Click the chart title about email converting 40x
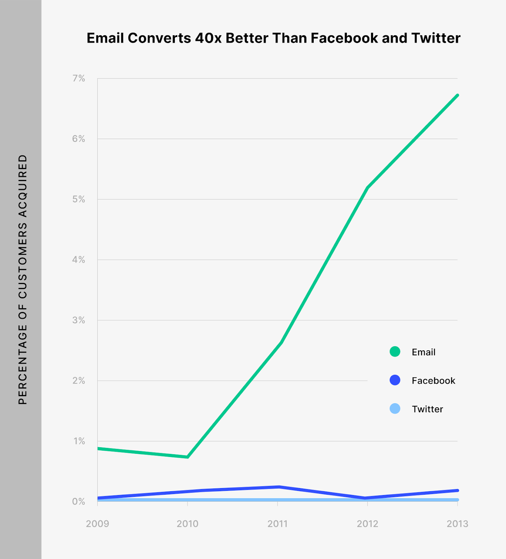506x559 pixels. tap(273, 38)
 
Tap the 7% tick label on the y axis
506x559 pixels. tap(79, 78)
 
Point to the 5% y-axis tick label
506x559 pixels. tap(79, 199)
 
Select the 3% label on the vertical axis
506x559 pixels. tap(79, 320)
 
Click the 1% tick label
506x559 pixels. tap(79, 441)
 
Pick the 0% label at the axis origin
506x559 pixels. tap(79, 502)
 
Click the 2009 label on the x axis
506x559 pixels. tap(97, 524)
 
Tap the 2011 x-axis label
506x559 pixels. tap(277, 524)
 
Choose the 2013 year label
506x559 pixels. tap(457, 524)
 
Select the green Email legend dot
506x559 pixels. tap(395, 351)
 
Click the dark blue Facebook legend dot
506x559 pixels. tap(395, 380)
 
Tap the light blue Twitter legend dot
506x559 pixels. tap(395, 408)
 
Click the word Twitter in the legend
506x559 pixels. tap(427, 409)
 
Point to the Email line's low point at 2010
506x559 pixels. tap(188, 457)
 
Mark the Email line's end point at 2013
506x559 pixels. tap(457, 95)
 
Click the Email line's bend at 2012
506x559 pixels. tap(367, 188)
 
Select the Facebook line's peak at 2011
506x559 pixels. tap(278, 487)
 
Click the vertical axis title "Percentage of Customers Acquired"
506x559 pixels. tap(23, 279)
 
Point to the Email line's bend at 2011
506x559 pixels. tap(281, 343)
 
